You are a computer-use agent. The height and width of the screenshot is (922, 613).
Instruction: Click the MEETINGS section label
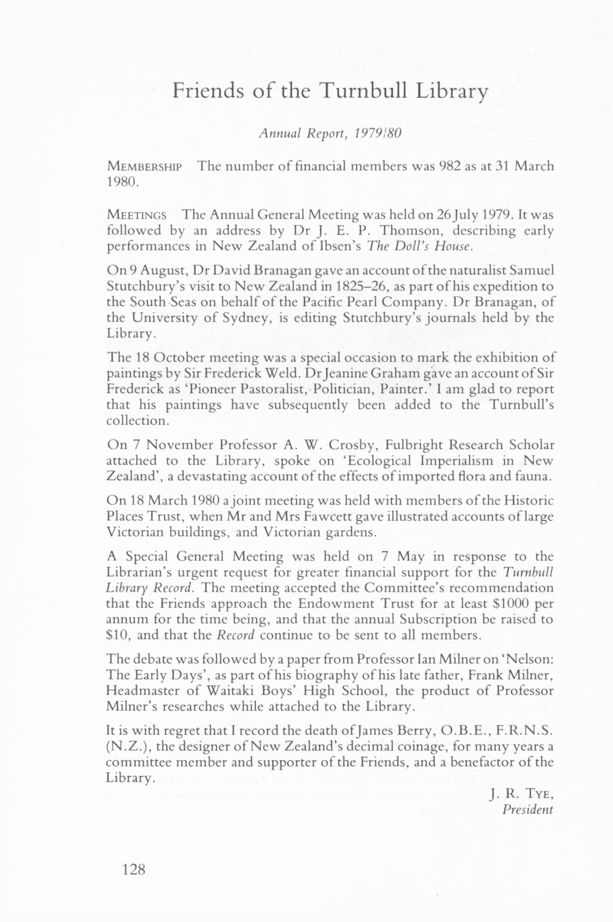pos(136,215)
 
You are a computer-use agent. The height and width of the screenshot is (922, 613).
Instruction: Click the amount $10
pos(117,635)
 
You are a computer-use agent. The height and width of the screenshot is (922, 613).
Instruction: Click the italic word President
pos(527,809)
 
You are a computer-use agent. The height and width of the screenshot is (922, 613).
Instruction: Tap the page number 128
pos(134,870)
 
